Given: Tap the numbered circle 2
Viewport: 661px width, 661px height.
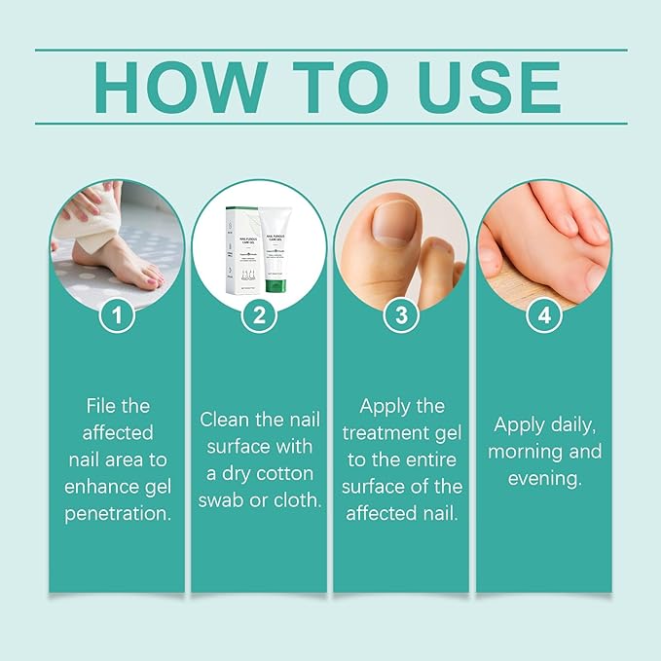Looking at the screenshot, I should (x=258, y=315).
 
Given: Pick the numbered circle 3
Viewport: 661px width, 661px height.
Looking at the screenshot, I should (x=401, y=315).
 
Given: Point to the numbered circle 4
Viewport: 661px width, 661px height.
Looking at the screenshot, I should (x=543, y=315).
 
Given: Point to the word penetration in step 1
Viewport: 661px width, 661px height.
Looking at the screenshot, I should (x=118, y=512).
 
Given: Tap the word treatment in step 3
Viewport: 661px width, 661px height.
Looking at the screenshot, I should (x=402, y=432).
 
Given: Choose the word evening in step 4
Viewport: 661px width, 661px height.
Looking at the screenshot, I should (x=543, y=478).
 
